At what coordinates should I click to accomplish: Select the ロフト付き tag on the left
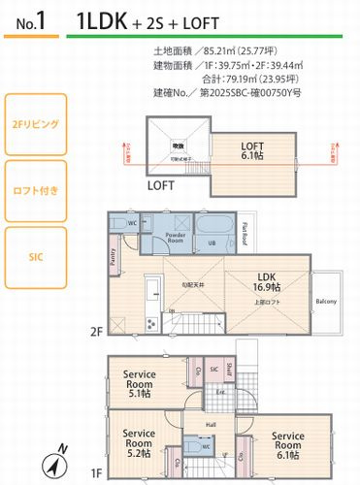coord(35,189)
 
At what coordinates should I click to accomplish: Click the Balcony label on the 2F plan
coord(326,302)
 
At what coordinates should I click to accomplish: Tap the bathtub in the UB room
coord(216,230)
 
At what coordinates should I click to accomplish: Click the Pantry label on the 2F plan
coord(113,257)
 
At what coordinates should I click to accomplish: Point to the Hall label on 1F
coord(211,423)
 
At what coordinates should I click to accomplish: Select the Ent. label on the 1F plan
coord(220,393)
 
